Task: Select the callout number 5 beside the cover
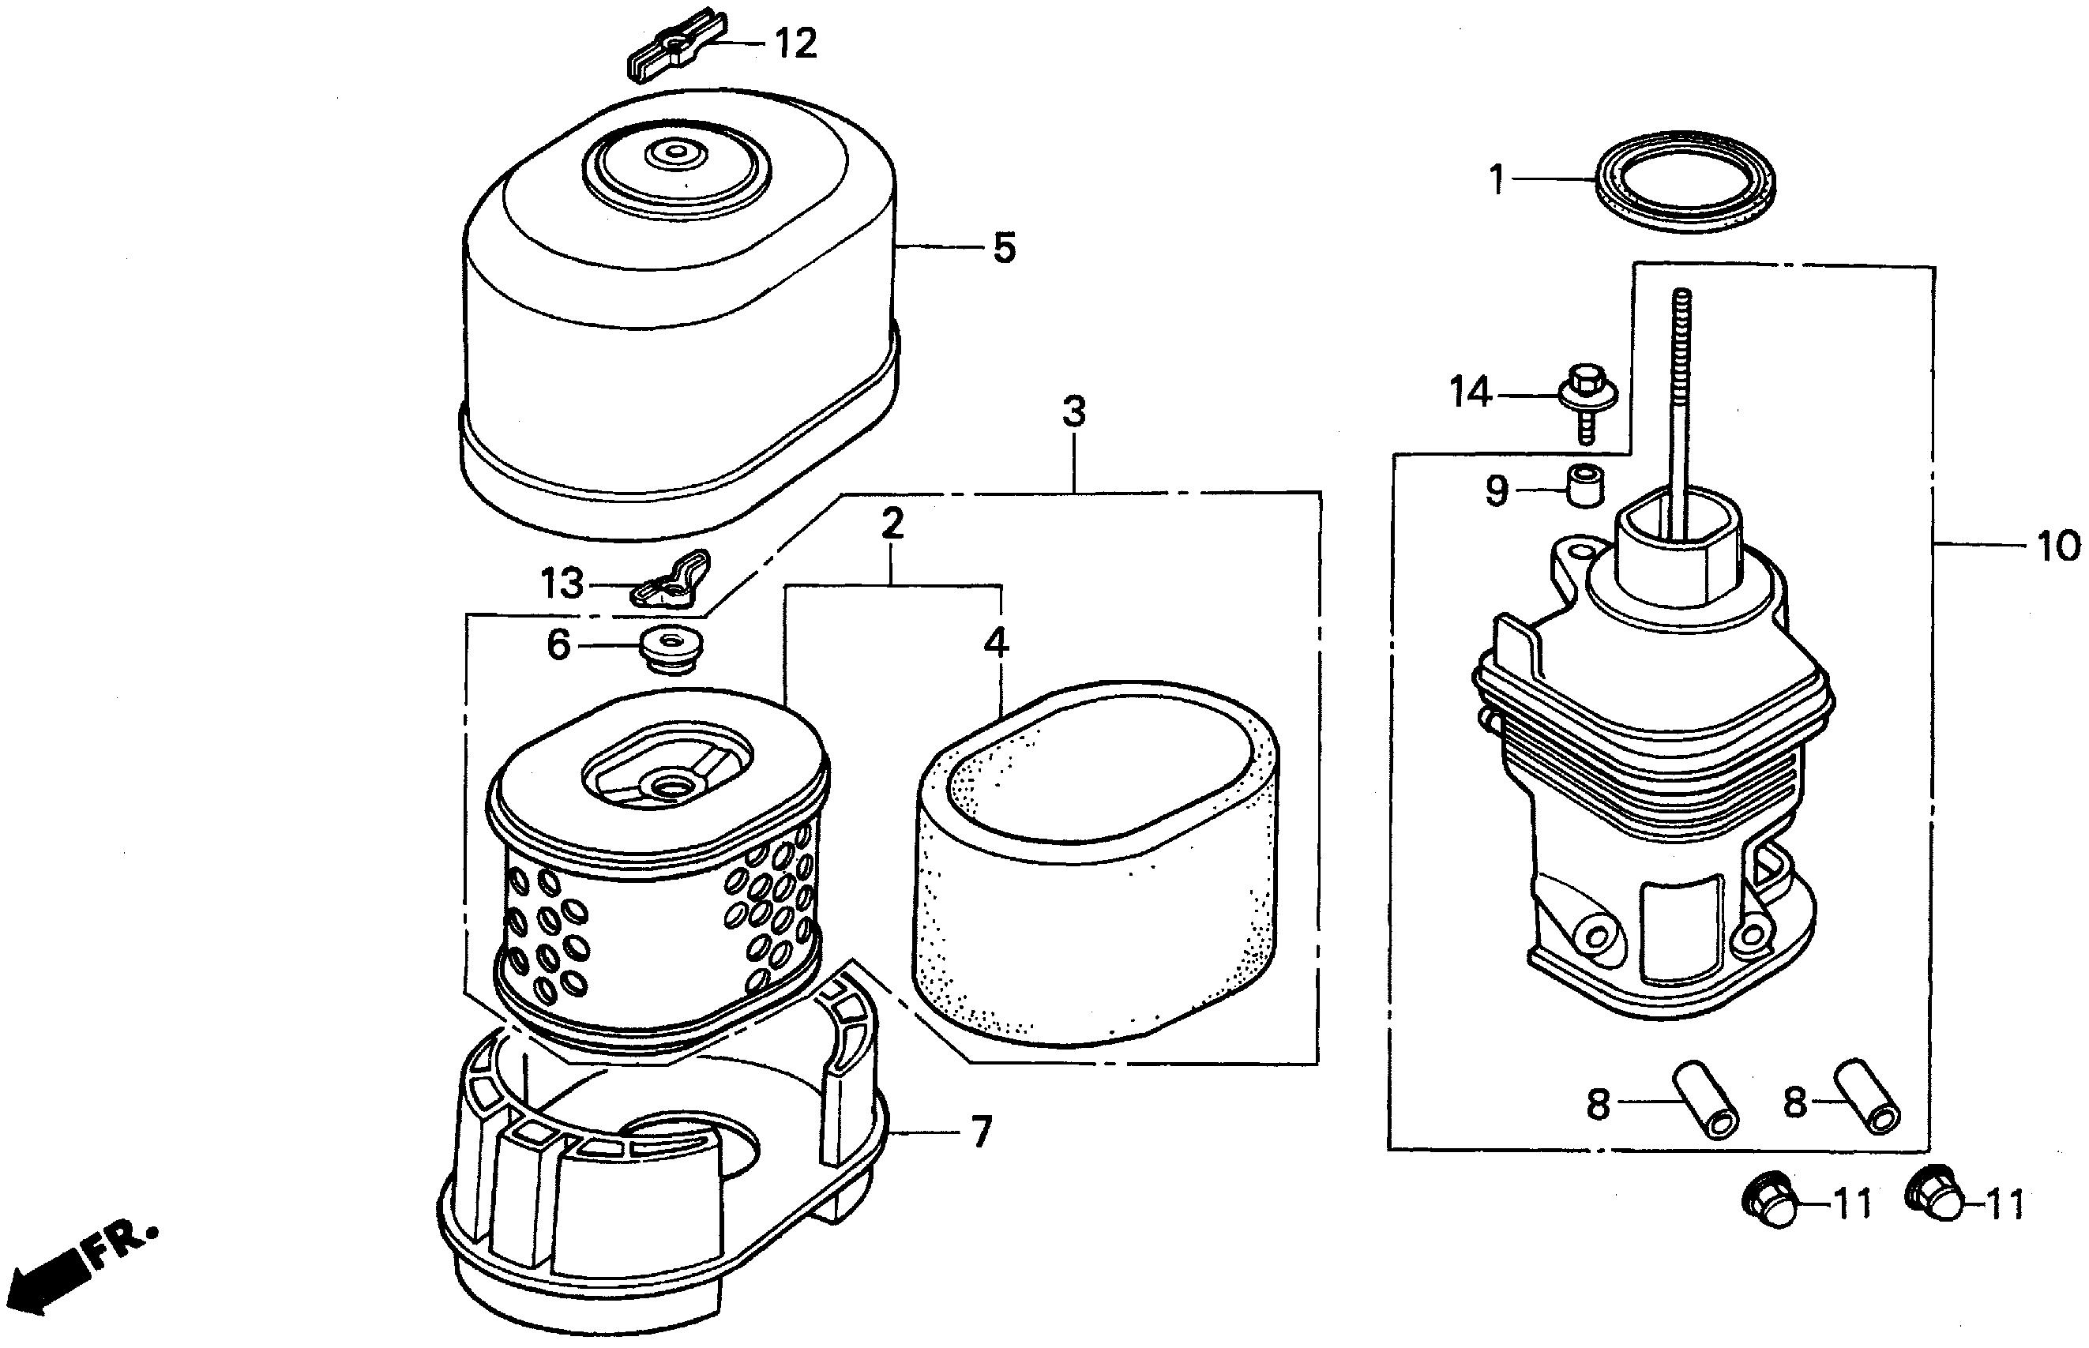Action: [1004, 249]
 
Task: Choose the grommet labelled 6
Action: [671, 648]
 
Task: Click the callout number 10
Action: [2058, 547]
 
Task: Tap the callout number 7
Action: [980, 1132]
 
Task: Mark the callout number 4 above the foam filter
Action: [996, 644]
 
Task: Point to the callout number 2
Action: [892, 524]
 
